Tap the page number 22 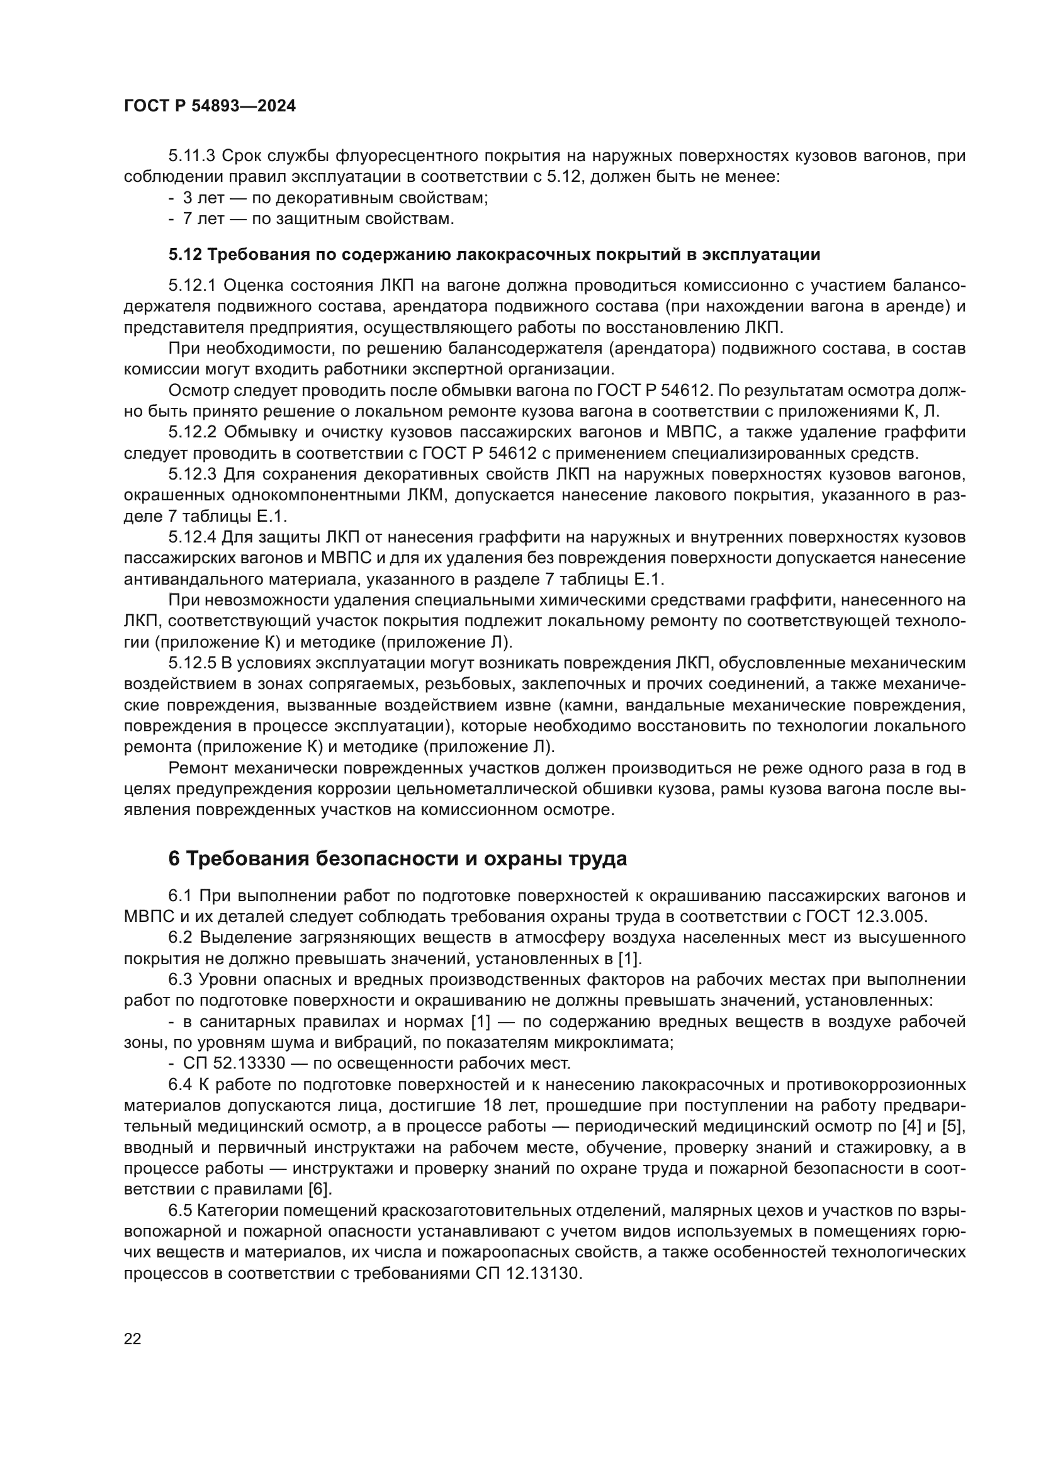click(132, 1339)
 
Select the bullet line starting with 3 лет click(328, 198)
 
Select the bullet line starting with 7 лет click(312, 219)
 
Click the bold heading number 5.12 click(185, 255)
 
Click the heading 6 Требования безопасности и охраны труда click(397, 860)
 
